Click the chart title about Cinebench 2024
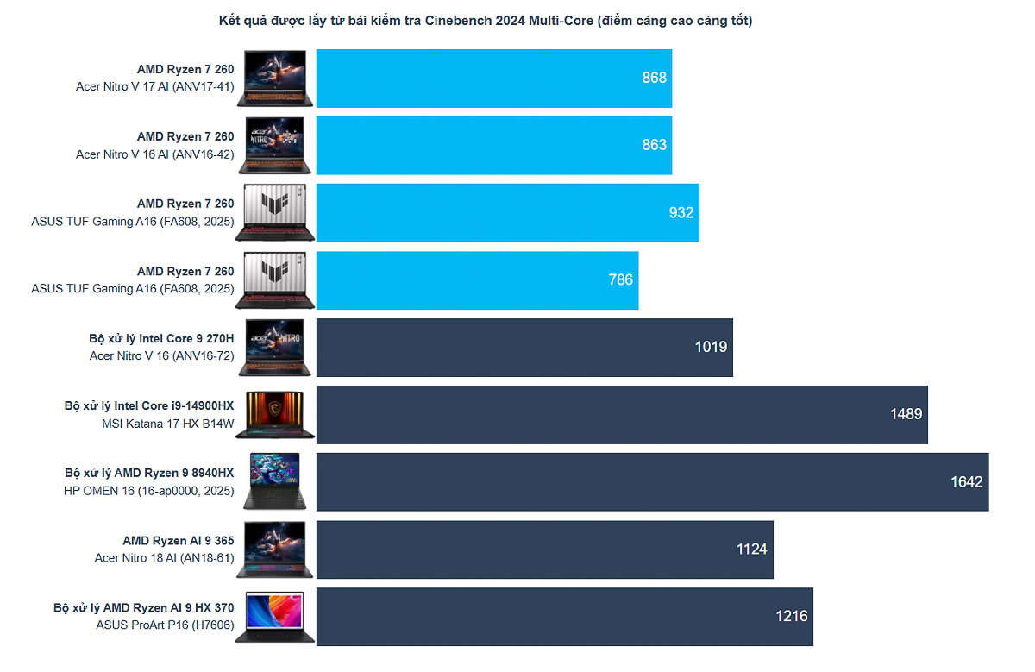pyautogui.click(x=485, y=21)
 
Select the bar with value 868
pyautogui.click(x=493, y=79)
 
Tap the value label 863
pyautogui.click(x=654, y=145)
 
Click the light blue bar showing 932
pyautogui.click(x=507, y=213)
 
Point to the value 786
pyautogui.click(x=620, y=279)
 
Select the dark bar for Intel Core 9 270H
pyautogui.click(x=524, y=348)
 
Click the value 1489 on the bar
pyautogui.click(x=906, y=414)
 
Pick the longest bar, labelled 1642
pyautogui.click(x=652, y=482)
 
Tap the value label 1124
pyautogui.click(x=751, y=549)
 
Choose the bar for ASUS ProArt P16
pyautogui.click(x=564, y=617)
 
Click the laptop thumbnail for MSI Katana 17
pyautogui.click(x=275, y=415)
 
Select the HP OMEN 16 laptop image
pyautogui.click(x=275, y=482)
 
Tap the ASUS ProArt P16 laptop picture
pyautogui.click(x=275, y=617)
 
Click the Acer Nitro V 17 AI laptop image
pyautogui.click(x=275, y=79)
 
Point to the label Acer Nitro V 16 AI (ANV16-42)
pyautogui.click(x=155, y=154)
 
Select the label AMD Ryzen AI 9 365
pyautogui.click(x=178, y=541)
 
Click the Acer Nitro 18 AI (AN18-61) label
pyautogui.click(x=164, y=558)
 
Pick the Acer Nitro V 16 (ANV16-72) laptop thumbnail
pyautogui.click(x=275, y=348)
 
